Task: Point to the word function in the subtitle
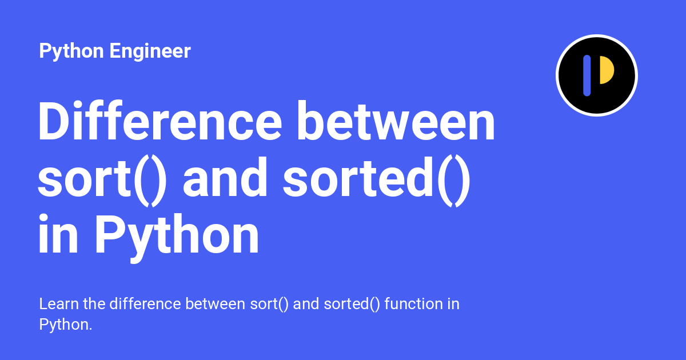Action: [412, 304]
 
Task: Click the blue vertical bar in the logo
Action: [587, 75]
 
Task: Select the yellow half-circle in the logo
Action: [606, 70]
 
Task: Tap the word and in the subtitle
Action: [306, 304]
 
